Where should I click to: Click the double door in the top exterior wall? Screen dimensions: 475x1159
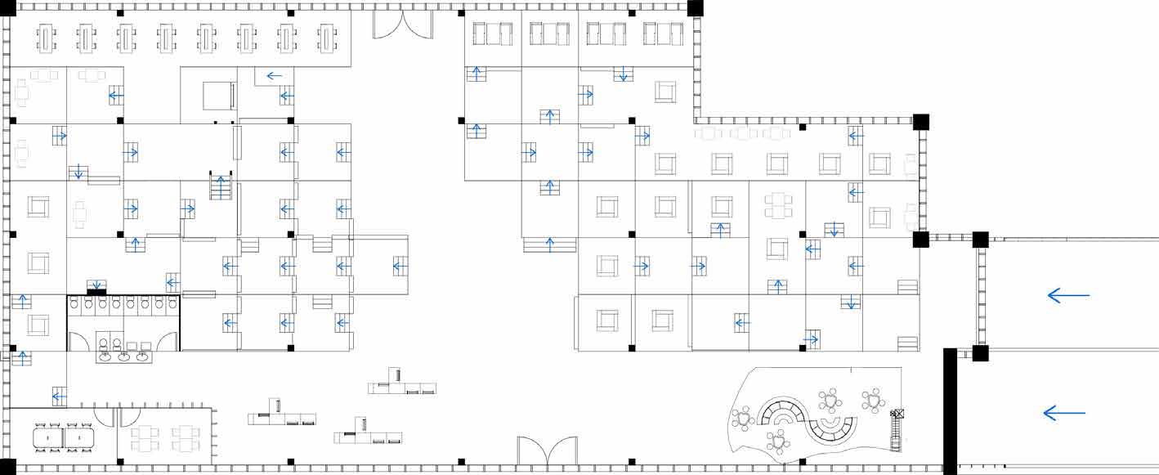point(402,25)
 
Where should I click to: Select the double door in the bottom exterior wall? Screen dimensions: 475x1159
point(547,452)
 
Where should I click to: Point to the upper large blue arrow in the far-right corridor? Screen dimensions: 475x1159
point(1068,295)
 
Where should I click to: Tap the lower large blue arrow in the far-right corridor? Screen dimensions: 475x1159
point(1064,414)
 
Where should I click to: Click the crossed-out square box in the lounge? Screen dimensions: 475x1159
point(898,415)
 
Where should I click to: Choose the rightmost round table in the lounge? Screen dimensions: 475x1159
point(873,400)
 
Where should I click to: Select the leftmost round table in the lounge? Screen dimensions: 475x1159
point(743,419)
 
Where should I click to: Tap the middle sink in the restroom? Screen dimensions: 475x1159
point(124,356)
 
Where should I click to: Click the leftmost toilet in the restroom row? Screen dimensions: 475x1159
point(74,304)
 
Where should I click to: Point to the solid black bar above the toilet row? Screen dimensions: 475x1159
point(96,292)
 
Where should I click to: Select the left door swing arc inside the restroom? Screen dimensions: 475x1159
point(78,341)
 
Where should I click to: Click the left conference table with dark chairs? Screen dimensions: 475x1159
point(49,438)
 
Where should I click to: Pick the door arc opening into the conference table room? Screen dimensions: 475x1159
point(105,417)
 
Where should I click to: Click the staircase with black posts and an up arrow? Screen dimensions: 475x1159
point(222,186)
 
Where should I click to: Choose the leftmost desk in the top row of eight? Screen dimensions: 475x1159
point(45,38)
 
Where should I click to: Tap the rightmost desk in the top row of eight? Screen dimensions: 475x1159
point(327,38)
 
